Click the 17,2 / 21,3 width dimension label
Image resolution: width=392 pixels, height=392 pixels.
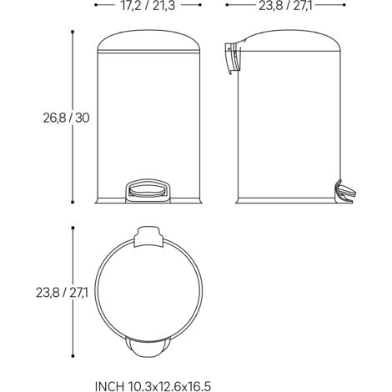tap(148, 5)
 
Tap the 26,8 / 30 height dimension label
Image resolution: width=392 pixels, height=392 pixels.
tap(66, 118)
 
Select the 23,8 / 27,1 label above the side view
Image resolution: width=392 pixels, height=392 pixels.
tap(285, 5)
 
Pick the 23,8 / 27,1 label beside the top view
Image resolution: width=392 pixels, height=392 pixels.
tap(62, 293)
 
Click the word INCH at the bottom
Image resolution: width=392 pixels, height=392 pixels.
tap(109, 386)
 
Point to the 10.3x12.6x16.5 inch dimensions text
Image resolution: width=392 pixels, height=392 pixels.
tap(169, 386)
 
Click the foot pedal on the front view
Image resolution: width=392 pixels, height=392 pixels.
tap(148, 190)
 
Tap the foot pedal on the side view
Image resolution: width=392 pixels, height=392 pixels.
tap(345, 191)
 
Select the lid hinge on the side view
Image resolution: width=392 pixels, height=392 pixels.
tap(233, 58)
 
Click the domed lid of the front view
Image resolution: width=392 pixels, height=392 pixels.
tap(148, 41)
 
